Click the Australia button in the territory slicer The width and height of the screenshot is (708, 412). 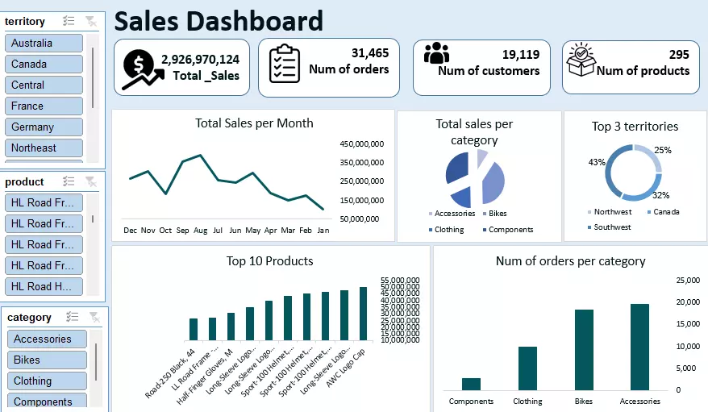coord(44,43)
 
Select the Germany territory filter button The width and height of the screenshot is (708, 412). coord(44,127)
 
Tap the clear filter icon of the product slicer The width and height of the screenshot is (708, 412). coord(91,181)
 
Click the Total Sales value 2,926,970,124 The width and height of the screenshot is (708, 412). coord(200,59)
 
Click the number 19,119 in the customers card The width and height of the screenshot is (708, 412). coord(520,54)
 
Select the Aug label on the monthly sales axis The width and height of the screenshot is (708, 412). coord(200,230)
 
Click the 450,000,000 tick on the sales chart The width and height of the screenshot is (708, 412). coord(360,144)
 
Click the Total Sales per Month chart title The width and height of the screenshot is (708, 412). coord(254,123)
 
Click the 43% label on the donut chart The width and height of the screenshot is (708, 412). coord(597,162)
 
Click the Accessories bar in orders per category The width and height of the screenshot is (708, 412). coord(639,347)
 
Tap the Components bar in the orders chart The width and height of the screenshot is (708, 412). coord(471,384)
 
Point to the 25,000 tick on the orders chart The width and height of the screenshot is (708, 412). coord(687,280)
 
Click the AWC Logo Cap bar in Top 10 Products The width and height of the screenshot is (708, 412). coord(363,313)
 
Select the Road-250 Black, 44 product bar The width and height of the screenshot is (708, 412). coord(194,329)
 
